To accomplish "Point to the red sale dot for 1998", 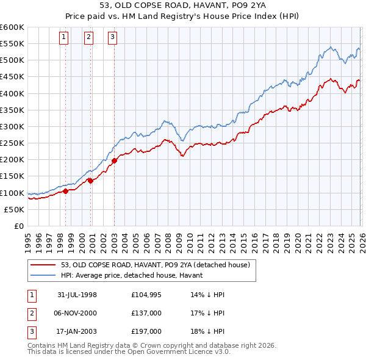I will click(66, 191).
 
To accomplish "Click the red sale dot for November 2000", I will click(90, 180).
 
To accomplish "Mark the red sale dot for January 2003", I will click(114, 161).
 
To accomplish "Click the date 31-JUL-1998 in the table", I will click(77, 295).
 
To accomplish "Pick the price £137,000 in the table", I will click(146, 313).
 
